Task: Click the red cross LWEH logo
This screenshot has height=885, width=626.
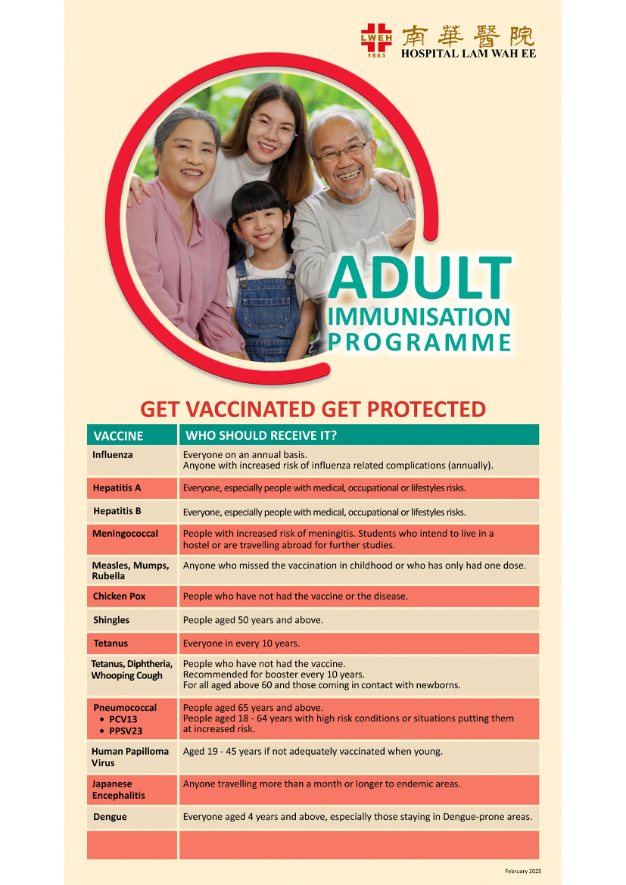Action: [x=376, y=39]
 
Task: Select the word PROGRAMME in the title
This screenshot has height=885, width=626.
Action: [x=420, y=342]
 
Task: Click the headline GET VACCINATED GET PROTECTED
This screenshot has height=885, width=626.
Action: [x=313, y=410]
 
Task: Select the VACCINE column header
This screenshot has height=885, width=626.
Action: [x=118, y=436]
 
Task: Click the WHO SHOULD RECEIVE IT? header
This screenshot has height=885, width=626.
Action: [x=261, y=436]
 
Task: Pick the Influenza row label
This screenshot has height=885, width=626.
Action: [x=113, y=455]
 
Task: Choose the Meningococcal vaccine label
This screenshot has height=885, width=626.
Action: [x=125, y=534]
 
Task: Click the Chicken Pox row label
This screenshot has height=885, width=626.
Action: [x=119, y=597]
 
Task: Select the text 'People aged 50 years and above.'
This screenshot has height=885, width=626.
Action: [x=253, y=620]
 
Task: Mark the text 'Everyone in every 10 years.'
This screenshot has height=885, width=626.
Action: [x=241, y=643]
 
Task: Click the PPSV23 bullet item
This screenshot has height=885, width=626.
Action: [x=126, y=731]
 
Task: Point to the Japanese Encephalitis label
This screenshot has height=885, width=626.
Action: [x=118, y=790]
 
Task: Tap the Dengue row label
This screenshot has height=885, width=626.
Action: [x=110, y=817]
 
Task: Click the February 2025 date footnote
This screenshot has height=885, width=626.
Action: [x=523, y=871]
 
